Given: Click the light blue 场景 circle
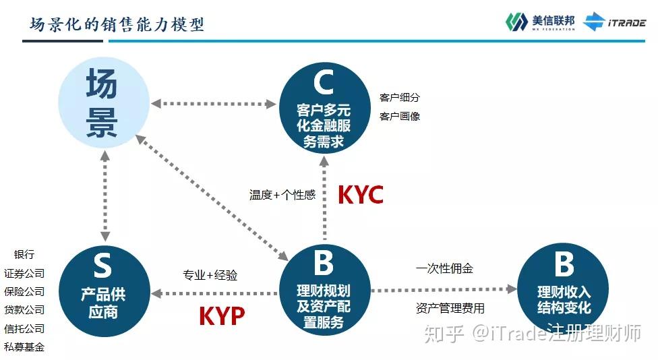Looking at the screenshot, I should click(102, 103).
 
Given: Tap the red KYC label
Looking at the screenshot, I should click(360, 195).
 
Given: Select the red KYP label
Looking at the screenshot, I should click(221, 316).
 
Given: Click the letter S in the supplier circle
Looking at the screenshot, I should click(102, 266).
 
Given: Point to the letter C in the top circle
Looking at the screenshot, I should click(324, 84).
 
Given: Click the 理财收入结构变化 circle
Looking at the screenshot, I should click(563, 291).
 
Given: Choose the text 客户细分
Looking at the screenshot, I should click(400, 97).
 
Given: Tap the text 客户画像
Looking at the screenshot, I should click(400, 116).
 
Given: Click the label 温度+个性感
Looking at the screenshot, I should click(282, 195).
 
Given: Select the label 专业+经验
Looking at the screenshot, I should click(210, 275).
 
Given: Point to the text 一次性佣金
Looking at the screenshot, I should click(444, 268).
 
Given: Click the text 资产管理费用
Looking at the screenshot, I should click(450, 309).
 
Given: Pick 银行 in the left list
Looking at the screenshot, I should click(24, 255).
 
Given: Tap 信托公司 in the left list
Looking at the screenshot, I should click(24, 329).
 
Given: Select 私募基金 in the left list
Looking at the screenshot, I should click(24, 347).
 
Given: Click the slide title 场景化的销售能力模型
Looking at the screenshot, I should click(117, 24).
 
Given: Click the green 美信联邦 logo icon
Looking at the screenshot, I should click(516, 22).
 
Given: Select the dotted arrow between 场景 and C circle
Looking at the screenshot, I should click(214, 104).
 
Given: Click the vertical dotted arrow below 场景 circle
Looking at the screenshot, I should click(104, 196).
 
